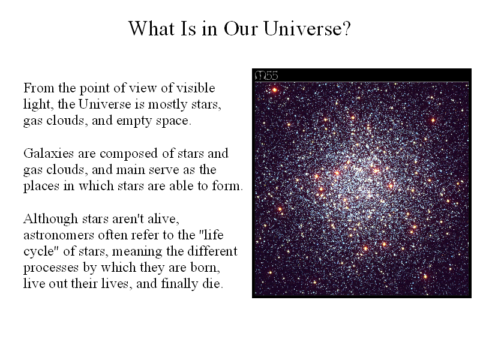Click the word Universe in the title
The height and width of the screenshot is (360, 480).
[x=307, y=28]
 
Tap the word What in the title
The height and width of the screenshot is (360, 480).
[x=152, y=28]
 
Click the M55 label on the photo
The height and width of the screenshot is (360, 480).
[x=266, y=76]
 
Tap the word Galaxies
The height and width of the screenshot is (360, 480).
[x=49, y=153]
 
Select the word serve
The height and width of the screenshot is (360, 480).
[x=163, y=170]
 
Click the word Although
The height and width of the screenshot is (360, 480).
[x=51, y=219]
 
